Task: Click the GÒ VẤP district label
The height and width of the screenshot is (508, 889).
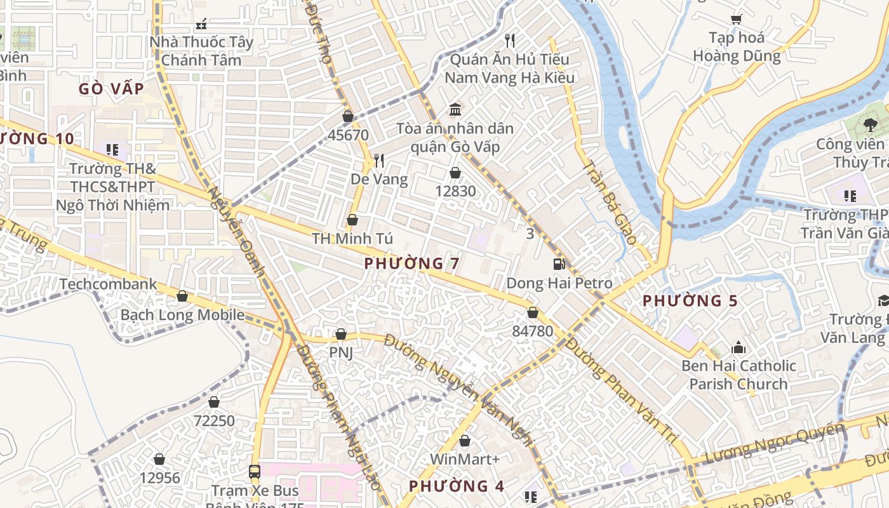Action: pyautogui.click(x=111, y=89)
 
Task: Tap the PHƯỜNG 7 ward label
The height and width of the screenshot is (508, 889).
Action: pyautogui.click(x=412, y=263)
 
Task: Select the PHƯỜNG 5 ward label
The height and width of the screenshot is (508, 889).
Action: pyautogui.click(x=690, y=300)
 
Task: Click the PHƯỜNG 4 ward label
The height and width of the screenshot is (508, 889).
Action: pyautogui.click(x=456, y=486)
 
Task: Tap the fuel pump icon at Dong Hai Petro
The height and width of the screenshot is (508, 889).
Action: pyautogui.click(x=559, y=264)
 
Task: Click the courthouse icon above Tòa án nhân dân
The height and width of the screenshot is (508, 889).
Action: pyautogui.click(x=455, y=110)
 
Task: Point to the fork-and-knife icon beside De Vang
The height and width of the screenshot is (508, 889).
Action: pyautogui.click(x=379, y=160)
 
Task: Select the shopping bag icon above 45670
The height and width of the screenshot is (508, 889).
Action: pyautogui.click(x=347, y=116)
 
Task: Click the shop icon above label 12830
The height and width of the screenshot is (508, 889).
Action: pyautogui.click(x=455, y=172)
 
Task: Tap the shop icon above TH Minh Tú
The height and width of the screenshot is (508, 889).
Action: pyautogui.click(x=352, y=220)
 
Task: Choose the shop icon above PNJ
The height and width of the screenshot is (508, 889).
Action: pyautogui.click(x=340, y=334)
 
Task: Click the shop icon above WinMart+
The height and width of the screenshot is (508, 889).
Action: pyautogui.click(x=465, y=440)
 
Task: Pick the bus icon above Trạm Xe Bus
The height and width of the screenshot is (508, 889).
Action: pyautogui.click(x=255, y=471)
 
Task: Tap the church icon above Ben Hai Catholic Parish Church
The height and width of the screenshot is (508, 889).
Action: pyautogui.click(x=738, y=347)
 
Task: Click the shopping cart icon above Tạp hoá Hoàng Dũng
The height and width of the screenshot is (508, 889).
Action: pyautogui.click(x=736, y=19)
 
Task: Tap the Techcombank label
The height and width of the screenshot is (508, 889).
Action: pyautogui.click(x=108, y=284)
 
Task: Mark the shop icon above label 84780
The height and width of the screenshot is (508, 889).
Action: pyautogui.click(x=532, y=312)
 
